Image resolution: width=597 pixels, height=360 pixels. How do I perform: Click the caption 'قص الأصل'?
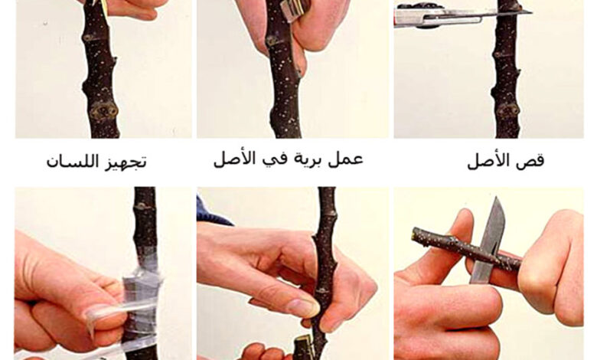coord(505,160)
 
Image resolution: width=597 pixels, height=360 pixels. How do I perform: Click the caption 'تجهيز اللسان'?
coord(96,162)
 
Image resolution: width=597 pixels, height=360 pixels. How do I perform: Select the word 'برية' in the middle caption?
coord(305,160)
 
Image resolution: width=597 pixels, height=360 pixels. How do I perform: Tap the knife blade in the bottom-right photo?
coord(489,240)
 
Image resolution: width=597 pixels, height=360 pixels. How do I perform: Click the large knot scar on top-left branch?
coord(103,110)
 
